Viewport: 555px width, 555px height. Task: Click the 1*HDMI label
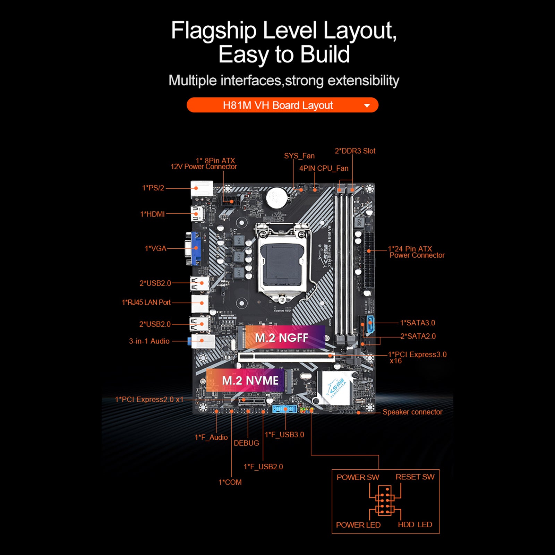(152, 214)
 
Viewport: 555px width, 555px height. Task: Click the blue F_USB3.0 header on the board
(284, 409)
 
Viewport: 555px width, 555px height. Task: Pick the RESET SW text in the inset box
(415, 477)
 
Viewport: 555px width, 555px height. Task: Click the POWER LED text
(358, 525)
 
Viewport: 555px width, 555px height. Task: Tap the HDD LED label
(415, 524)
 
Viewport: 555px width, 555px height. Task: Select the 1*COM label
(230, 482)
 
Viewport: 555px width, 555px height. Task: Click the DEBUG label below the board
(246, 443)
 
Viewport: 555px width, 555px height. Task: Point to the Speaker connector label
(412, 412)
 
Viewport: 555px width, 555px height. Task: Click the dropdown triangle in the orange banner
(367, 105)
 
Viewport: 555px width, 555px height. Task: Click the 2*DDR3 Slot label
(355, 151)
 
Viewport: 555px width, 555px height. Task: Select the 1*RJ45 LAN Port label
(146, 302)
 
